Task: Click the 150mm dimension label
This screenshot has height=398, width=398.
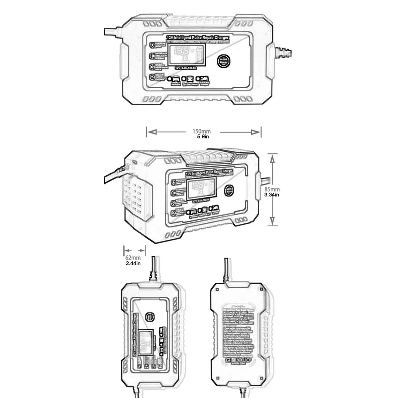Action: (x=201, y=131)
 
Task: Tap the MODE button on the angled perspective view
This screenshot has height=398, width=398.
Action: (x=230, y=190)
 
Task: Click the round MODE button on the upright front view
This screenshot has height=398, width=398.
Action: (x=150, y=316)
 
